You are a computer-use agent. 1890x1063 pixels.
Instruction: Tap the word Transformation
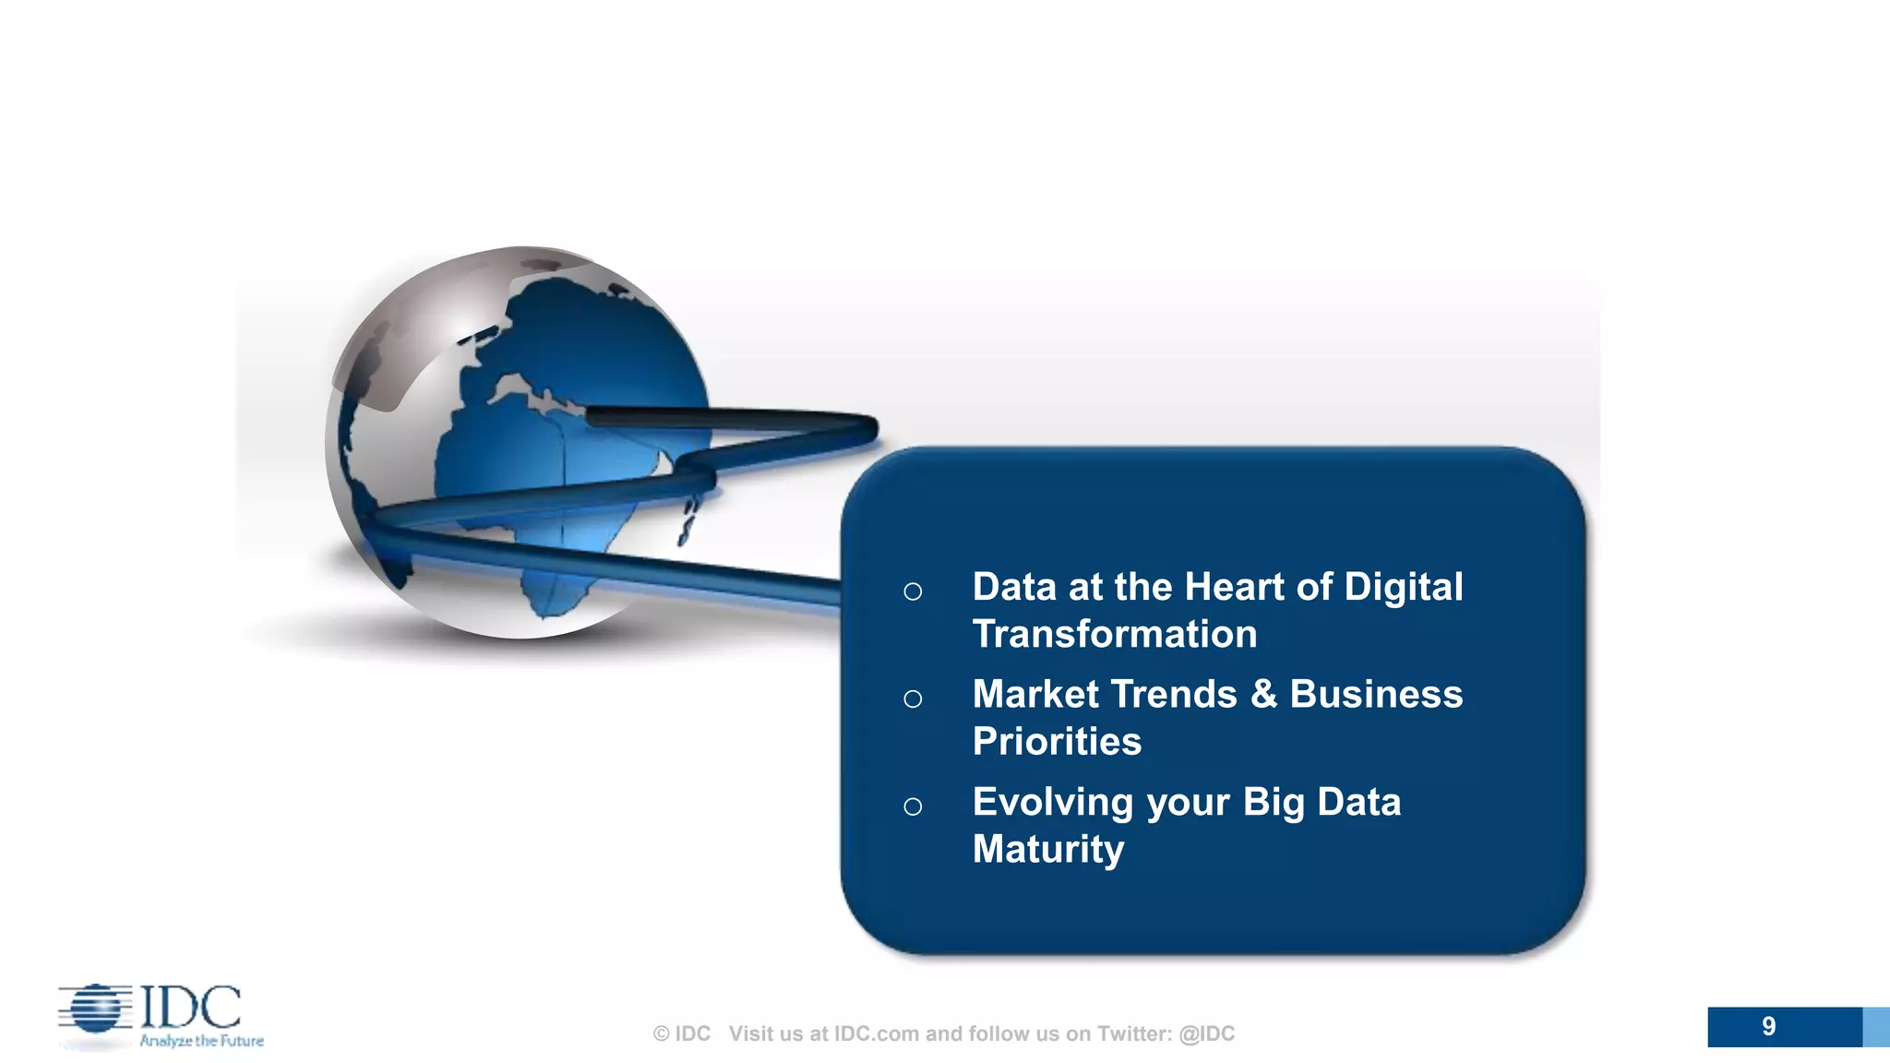click(x=1114, y=635)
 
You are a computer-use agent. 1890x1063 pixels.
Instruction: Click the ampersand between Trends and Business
click(x=1263, y=695)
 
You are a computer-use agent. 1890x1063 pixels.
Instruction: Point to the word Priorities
click(x=1057, y=742)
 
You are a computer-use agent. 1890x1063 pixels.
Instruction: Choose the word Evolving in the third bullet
click(x=1052, y=803)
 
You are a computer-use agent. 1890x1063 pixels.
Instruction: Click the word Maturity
click(x=1047, y=850)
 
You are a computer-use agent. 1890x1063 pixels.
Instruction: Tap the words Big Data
click(x=1322, y=803)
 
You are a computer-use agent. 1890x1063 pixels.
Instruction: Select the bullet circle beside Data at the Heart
click(x=913, y=591)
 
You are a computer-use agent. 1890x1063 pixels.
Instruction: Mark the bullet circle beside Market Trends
click(x=913, y=699)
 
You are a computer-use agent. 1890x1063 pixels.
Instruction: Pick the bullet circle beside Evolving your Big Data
click(x=913, y=806)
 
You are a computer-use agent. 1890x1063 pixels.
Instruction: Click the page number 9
click(x=1768, y=1026)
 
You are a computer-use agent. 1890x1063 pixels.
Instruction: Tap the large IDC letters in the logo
click(x=191, y=1007)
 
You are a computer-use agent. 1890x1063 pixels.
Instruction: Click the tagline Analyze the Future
click(x=201, y=1041)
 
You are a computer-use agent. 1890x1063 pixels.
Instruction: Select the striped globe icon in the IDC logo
click(x=95, y=1009)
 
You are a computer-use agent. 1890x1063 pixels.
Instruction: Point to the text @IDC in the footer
click(x=1206, y=1033)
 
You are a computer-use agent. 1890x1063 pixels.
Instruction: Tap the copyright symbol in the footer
click(x=661, y=1034)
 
